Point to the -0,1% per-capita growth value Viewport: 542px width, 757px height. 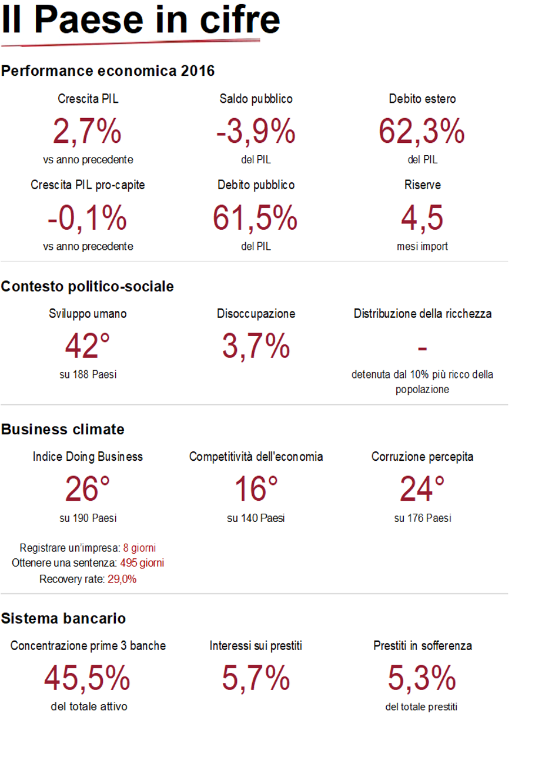tap(88, 218)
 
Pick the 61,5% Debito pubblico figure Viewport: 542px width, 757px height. tap(256, 218)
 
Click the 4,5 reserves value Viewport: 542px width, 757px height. tap(421, 218)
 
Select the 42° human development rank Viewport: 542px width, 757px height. tap(88, 346)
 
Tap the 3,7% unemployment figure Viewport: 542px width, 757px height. tap(256, 346)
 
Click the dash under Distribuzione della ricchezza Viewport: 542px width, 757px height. tap(422, 348)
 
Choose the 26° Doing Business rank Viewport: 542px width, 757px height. tap(88, 489)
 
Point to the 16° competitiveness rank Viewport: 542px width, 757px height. tap(256, 489)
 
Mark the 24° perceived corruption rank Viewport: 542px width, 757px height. tap(422, 489)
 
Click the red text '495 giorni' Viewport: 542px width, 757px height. tap(142, 563)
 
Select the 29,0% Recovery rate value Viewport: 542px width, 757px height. tap(122, 580)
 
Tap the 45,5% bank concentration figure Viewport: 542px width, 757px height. tap(88, 678)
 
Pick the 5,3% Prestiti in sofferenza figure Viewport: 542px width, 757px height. tap(421, 678)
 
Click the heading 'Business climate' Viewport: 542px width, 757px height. tap(63, 430)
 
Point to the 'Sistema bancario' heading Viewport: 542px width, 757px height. tap(63, 618)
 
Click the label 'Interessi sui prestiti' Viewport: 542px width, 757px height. tap(256, 646)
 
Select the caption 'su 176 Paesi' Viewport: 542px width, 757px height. tap(422, 518)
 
